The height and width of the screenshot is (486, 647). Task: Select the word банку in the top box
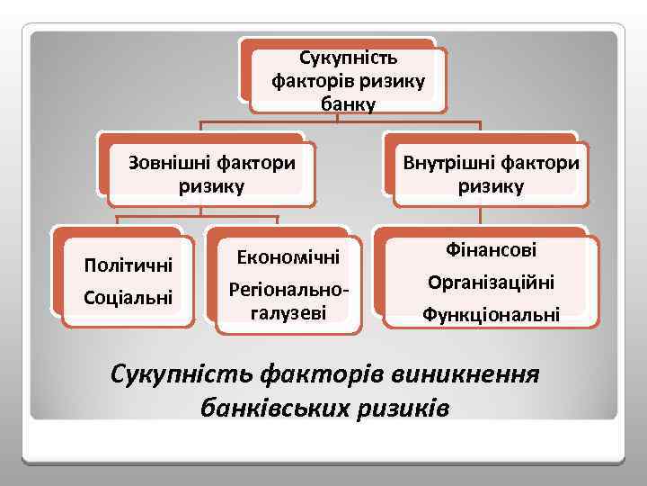347,103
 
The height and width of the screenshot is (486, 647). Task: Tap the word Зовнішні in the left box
173,164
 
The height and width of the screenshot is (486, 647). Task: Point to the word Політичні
127,266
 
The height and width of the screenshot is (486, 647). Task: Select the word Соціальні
127,296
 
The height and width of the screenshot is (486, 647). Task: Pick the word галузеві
288,311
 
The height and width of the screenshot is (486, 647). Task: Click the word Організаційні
491,283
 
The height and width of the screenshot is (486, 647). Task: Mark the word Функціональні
491,315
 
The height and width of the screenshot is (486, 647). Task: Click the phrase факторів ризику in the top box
347,82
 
